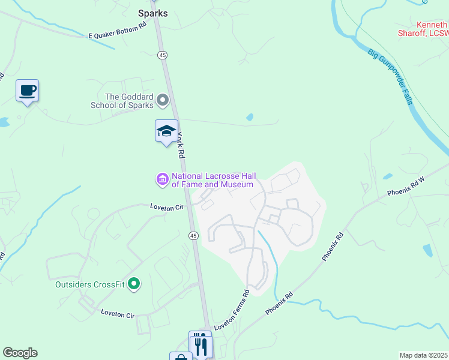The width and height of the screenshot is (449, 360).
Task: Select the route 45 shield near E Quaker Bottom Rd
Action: click(162, 55)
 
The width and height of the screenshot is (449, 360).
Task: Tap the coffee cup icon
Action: click(27, 91)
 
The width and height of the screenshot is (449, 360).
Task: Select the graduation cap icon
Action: click(166, 131)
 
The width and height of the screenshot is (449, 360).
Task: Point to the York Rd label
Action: click(181, 145)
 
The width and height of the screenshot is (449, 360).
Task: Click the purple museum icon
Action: click(162, 179)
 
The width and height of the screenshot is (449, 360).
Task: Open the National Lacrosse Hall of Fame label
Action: click(213, 180)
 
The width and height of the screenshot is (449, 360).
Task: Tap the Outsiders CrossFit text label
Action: click(90, 284)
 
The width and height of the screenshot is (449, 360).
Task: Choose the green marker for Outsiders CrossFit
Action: click(134, 284)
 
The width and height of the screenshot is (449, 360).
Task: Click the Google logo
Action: click(20, 353)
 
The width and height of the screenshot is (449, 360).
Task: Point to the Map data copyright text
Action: click(423, 355)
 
